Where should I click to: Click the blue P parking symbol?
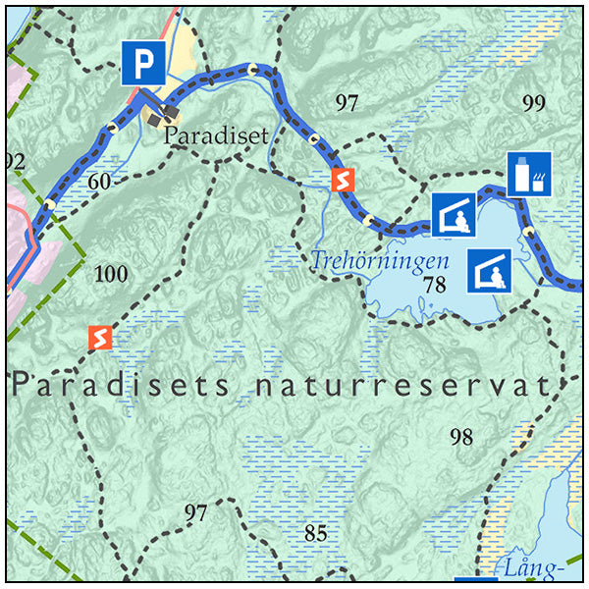coord(144,64)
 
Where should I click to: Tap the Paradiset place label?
coord(216,135)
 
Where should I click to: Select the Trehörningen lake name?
coord(380,262)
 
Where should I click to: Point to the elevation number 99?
coord(533,103)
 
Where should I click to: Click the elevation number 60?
coord(98,181)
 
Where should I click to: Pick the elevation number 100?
coord(110,273)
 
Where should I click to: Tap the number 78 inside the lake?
coord(435,286)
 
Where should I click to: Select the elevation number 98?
coord(461,438)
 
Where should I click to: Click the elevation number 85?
coord(315,534)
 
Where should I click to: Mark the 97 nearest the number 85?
coord(196,512)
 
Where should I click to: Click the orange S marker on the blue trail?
coord(342,180)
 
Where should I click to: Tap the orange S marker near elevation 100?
coord(98,338)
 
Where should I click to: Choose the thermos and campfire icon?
coord(529,174)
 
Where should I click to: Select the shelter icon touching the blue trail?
coord(455,215)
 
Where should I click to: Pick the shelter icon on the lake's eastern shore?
coord(490,270)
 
